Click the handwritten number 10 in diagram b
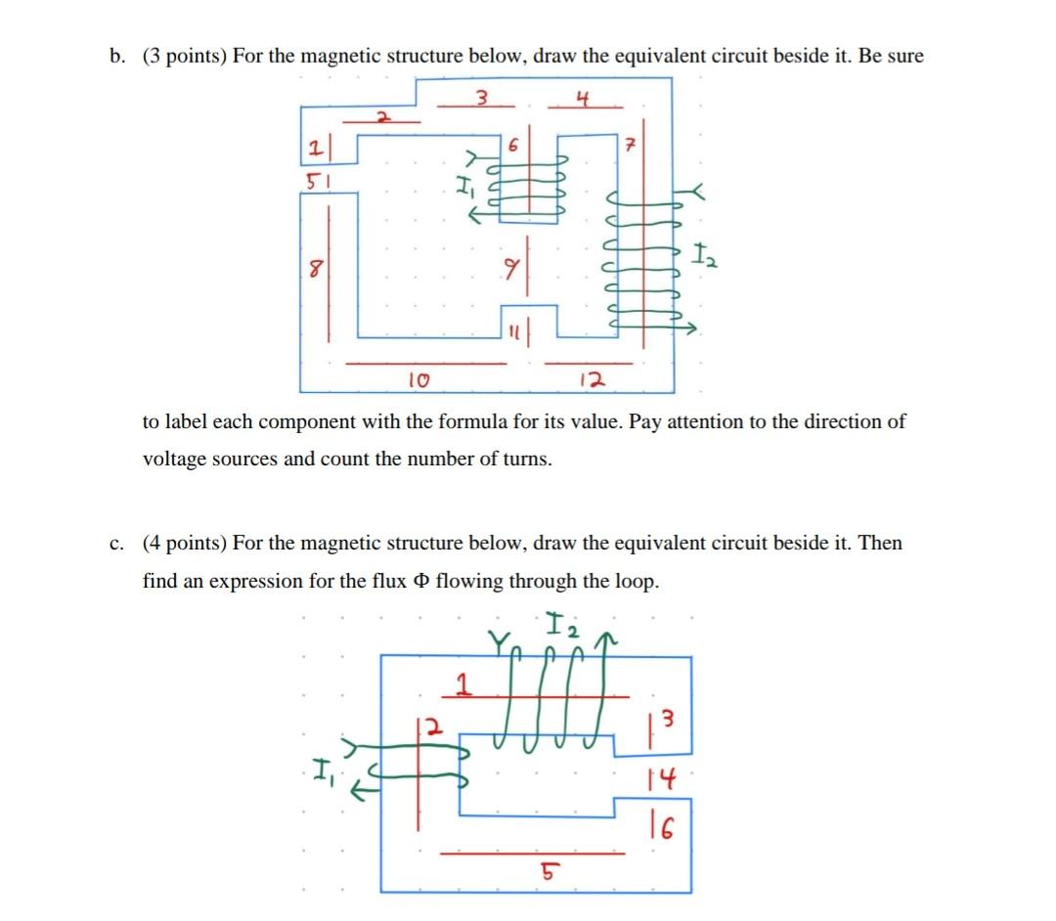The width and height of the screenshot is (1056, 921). point(416,377)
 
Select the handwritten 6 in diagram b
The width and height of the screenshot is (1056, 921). point(512,143)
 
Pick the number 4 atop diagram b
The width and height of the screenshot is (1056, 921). point(583,97)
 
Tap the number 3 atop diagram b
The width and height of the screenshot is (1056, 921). point(481,97)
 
